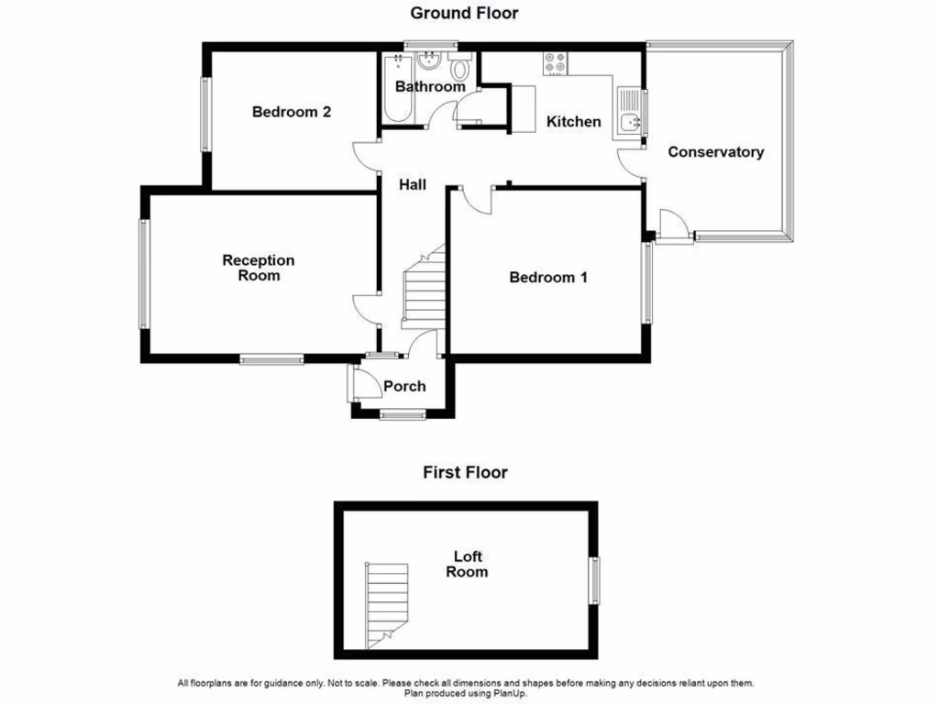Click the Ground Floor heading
[464, 13]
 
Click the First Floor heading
[465, 473]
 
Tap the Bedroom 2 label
[292, 112]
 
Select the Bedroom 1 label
[548, 277]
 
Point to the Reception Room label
[259, 268]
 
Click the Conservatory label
[715, 152]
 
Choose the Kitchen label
[574, 121]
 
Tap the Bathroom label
[430, 86]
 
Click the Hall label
[413, 184]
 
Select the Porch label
[404, 386]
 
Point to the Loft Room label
[467, 564]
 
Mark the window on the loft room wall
[594, 580]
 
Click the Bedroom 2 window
[206, 115]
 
